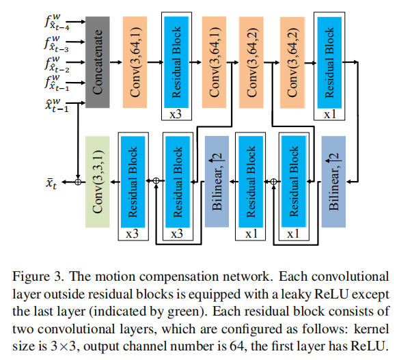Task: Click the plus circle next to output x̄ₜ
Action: pyautogui.click(x=78, y=182)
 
